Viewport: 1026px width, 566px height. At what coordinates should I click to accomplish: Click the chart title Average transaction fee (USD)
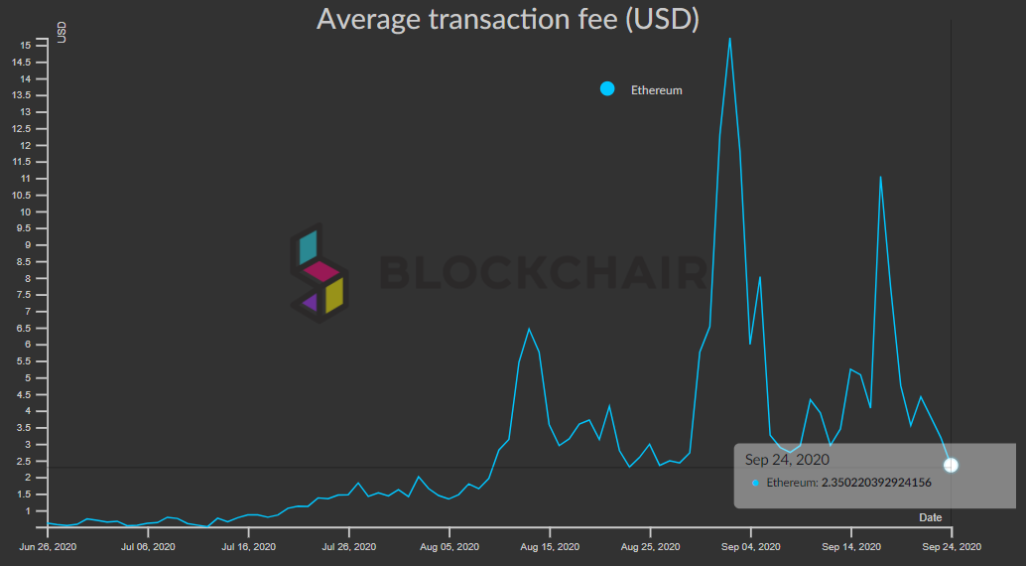pyautogui.click(x=507, y=19)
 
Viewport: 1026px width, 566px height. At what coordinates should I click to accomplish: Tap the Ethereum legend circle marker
pyautogui.click(x=607, y=89)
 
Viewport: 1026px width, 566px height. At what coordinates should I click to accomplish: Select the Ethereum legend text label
pyautogui.click(x=656, y=90)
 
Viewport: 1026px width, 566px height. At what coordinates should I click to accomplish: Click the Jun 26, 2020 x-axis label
pyautogui.click(x=49, y=546)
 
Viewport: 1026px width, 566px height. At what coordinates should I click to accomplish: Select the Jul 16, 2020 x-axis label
pyautogui.click(x=248, y=546)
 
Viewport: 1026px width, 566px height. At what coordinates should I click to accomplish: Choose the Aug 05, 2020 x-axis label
pyautogui.click(x=449, y=546)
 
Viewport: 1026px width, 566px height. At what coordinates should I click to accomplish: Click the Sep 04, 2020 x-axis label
pyautogui.click(x=750, y=546)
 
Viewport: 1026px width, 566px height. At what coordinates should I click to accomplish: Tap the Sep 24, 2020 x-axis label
pyautogui.click(x=950, y=546)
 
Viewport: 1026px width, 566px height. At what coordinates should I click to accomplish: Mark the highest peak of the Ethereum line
pyautogui.click(x=730, y=39)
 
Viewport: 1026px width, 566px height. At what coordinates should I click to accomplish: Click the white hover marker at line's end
pyautogui.click(x=951, y=465)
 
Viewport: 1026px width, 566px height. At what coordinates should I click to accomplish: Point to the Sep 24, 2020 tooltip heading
pyautogui.click(x=787, y=460)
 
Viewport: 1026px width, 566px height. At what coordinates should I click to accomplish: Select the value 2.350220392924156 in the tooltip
pyautogui.click(x=876, y=483)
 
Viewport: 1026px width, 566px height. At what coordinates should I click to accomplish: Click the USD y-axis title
pyautogui.click(x=62, y=32)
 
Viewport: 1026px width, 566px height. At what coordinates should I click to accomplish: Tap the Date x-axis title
pyautogui.click(x=930, y=517)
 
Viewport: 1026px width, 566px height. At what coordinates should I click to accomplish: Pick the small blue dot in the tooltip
pyautogui.click(x=755, y=483)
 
